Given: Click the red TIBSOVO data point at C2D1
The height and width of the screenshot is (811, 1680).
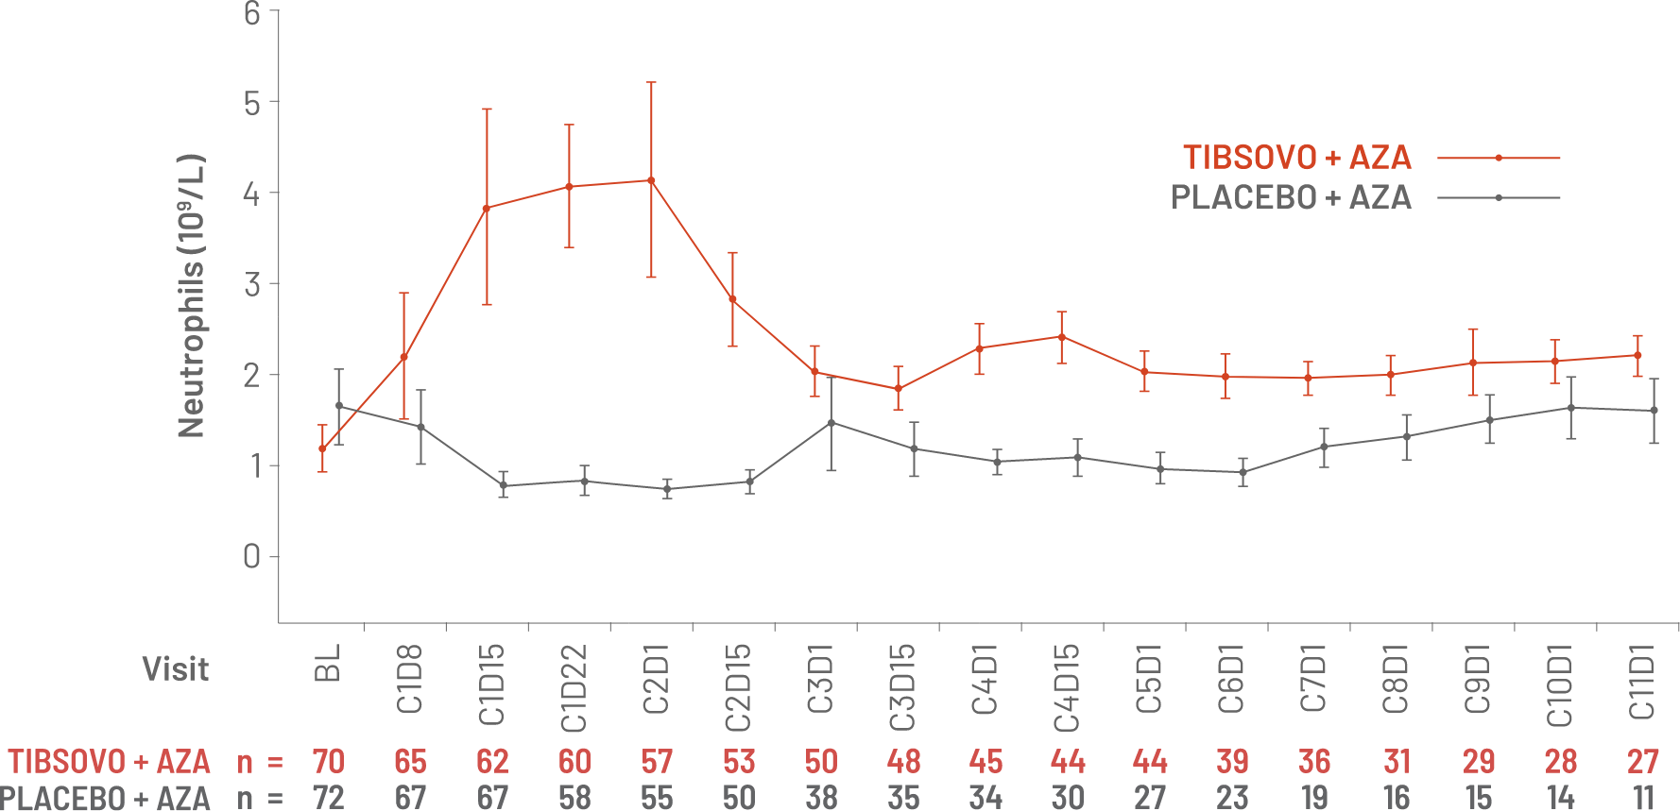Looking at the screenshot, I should click(x=651, y=179).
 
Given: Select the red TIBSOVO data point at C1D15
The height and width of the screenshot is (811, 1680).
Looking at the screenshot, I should click(x=487, y=207).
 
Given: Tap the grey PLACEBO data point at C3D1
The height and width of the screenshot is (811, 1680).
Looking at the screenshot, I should click(x=831, y=422).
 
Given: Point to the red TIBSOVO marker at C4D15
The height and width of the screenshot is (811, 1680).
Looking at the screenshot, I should click(x=1062, y=336).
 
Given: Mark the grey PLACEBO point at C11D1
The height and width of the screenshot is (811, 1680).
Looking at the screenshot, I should click(x=1654, y=411).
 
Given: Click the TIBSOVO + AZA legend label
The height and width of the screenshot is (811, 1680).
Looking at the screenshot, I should click(x=1297, y=158).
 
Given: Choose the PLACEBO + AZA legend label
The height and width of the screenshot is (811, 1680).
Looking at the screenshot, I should click(x=1291, y=197).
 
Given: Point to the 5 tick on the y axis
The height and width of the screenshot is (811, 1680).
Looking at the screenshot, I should click(x=252, y=102).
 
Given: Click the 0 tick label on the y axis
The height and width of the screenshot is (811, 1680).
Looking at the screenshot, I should click(x=252, y=556).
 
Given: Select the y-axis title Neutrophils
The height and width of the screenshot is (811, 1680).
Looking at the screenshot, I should click(x=192, y=296).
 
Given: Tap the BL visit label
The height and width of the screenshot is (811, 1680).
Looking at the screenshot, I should click(x=329, y=665).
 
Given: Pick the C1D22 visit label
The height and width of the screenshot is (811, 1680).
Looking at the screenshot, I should click(x=574, y=688).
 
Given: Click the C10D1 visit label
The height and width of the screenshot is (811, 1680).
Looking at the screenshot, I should click(x=1561, y=686).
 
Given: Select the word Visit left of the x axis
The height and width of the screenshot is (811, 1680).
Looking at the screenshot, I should click(x=176, y=669).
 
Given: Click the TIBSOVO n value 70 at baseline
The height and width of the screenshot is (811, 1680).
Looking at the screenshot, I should click(x=328, y=761).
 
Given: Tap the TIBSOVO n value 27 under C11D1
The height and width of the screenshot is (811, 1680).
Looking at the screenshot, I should click(x=1643, y=761).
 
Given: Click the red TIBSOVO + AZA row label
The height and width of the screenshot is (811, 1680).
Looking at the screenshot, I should click(x=110, y=761).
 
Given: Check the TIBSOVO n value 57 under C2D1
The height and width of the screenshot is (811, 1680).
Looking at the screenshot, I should click(x=657, y=761).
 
